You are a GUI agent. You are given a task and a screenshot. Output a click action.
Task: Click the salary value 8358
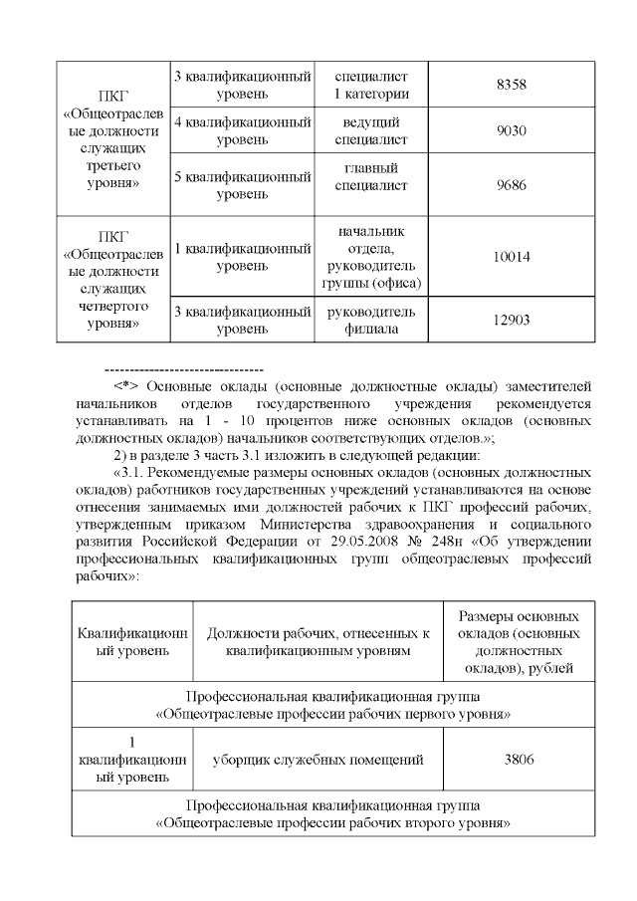point(511,86)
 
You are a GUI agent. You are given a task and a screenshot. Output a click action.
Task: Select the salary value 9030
point(511,131)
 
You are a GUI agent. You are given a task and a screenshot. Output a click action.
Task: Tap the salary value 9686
point(511,184)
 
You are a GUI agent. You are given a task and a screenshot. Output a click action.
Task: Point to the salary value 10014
point(511,257)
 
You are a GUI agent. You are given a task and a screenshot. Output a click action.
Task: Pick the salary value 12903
point(511,320)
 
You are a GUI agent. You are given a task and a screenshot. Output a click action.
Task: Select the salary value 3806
point(520,760)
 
